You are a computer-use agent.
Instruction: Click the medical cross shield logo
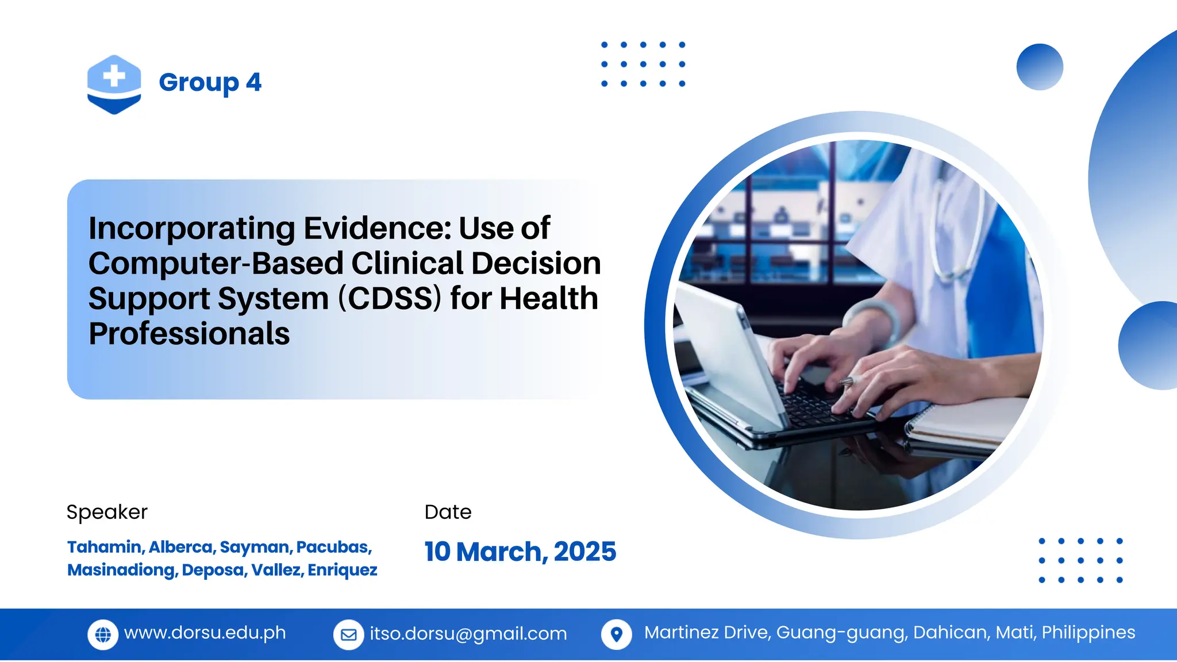click(114, 84)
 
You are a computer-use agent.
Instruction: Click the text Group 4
click(210, 82)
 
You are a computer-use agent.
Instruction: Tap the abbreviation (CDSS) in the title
click(390, 299)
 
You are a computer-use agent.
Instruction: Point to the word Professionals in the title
click(189, 334)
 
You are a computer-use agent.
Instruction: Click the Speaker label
click(107, 512)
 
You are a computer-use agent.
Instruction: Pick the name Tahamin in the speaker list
click(105, 547)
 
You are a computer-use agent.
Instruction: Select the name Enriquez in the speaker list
click(343, 570)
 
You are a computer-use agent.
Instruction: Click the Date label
click(448, 512)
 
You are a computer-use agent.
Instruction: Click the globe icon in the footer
click(103, 634)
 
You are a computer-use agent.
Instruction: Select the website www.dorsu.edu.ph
click(205, 633)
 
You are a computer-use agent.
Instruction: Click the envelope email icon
click(348, 634)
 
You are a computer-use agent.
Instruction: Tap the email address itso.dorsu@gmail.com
click(468, 634)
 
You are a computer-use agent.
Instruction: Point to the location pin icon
click(616, 634)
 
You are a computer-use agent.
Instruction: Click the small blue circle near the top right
click(1039, 67)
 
